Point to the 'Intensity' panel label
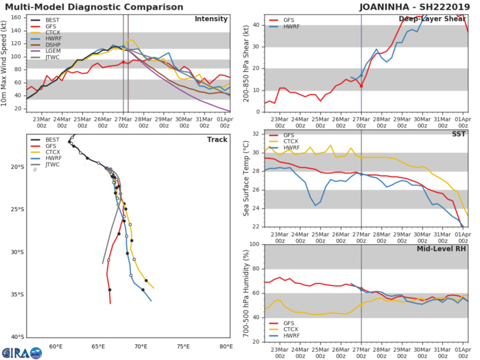click(211, 19)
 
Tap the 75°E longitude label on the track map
click(184, 347)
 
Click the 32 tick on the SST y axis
click(256, 134)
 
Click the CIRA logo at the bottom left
click(23, 353)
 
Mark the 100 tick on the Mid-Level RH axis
click(254, 245)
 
